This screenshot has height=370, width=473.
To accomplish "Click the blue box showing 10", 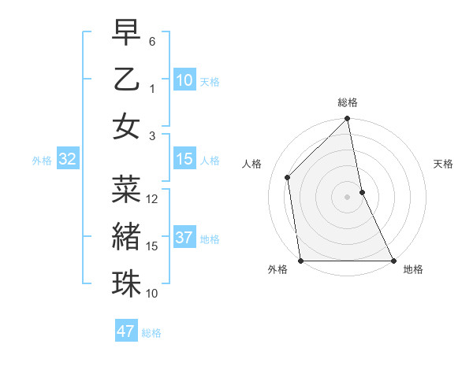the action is click(x=184, y=80).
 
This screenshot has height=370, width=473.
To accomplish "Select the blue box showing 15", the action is click(x=184, y=159).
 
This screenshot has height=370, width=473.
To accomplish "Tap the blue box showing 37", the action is click(x=184, y=238).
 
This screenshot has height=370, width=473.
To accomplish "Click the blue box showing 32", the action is click(x=67, y=159).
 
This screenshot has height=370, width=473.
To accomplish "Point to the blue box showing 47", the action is click(x=126, y=331).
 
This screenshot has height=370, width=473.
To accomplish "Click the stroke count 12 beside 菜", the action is click(x=153, y=199).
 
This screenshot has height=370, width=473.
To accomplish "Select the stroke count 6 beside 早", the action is click(x=153, y=40).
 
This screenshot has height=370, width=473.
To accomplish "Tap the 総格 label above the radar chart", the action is click(x=348, y=102).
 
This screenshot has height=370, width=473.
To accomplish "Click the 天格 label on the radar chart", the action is click(x=443, y=164).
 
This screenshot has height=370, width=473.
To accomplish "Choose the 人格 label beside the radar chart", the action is click(x=252, y=164).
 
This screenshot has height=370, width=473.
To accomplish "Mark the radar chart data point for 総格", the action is click(x=348, y=120).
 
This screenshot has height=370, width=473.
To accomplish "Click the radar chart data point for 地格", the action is click(x=393, y=261).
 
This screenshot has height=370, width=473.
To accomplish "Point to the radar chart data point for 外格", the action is click(x=301, y=261).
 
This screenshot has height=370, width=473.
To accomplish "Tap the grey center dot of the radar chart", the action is click(x=348, y=197).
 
